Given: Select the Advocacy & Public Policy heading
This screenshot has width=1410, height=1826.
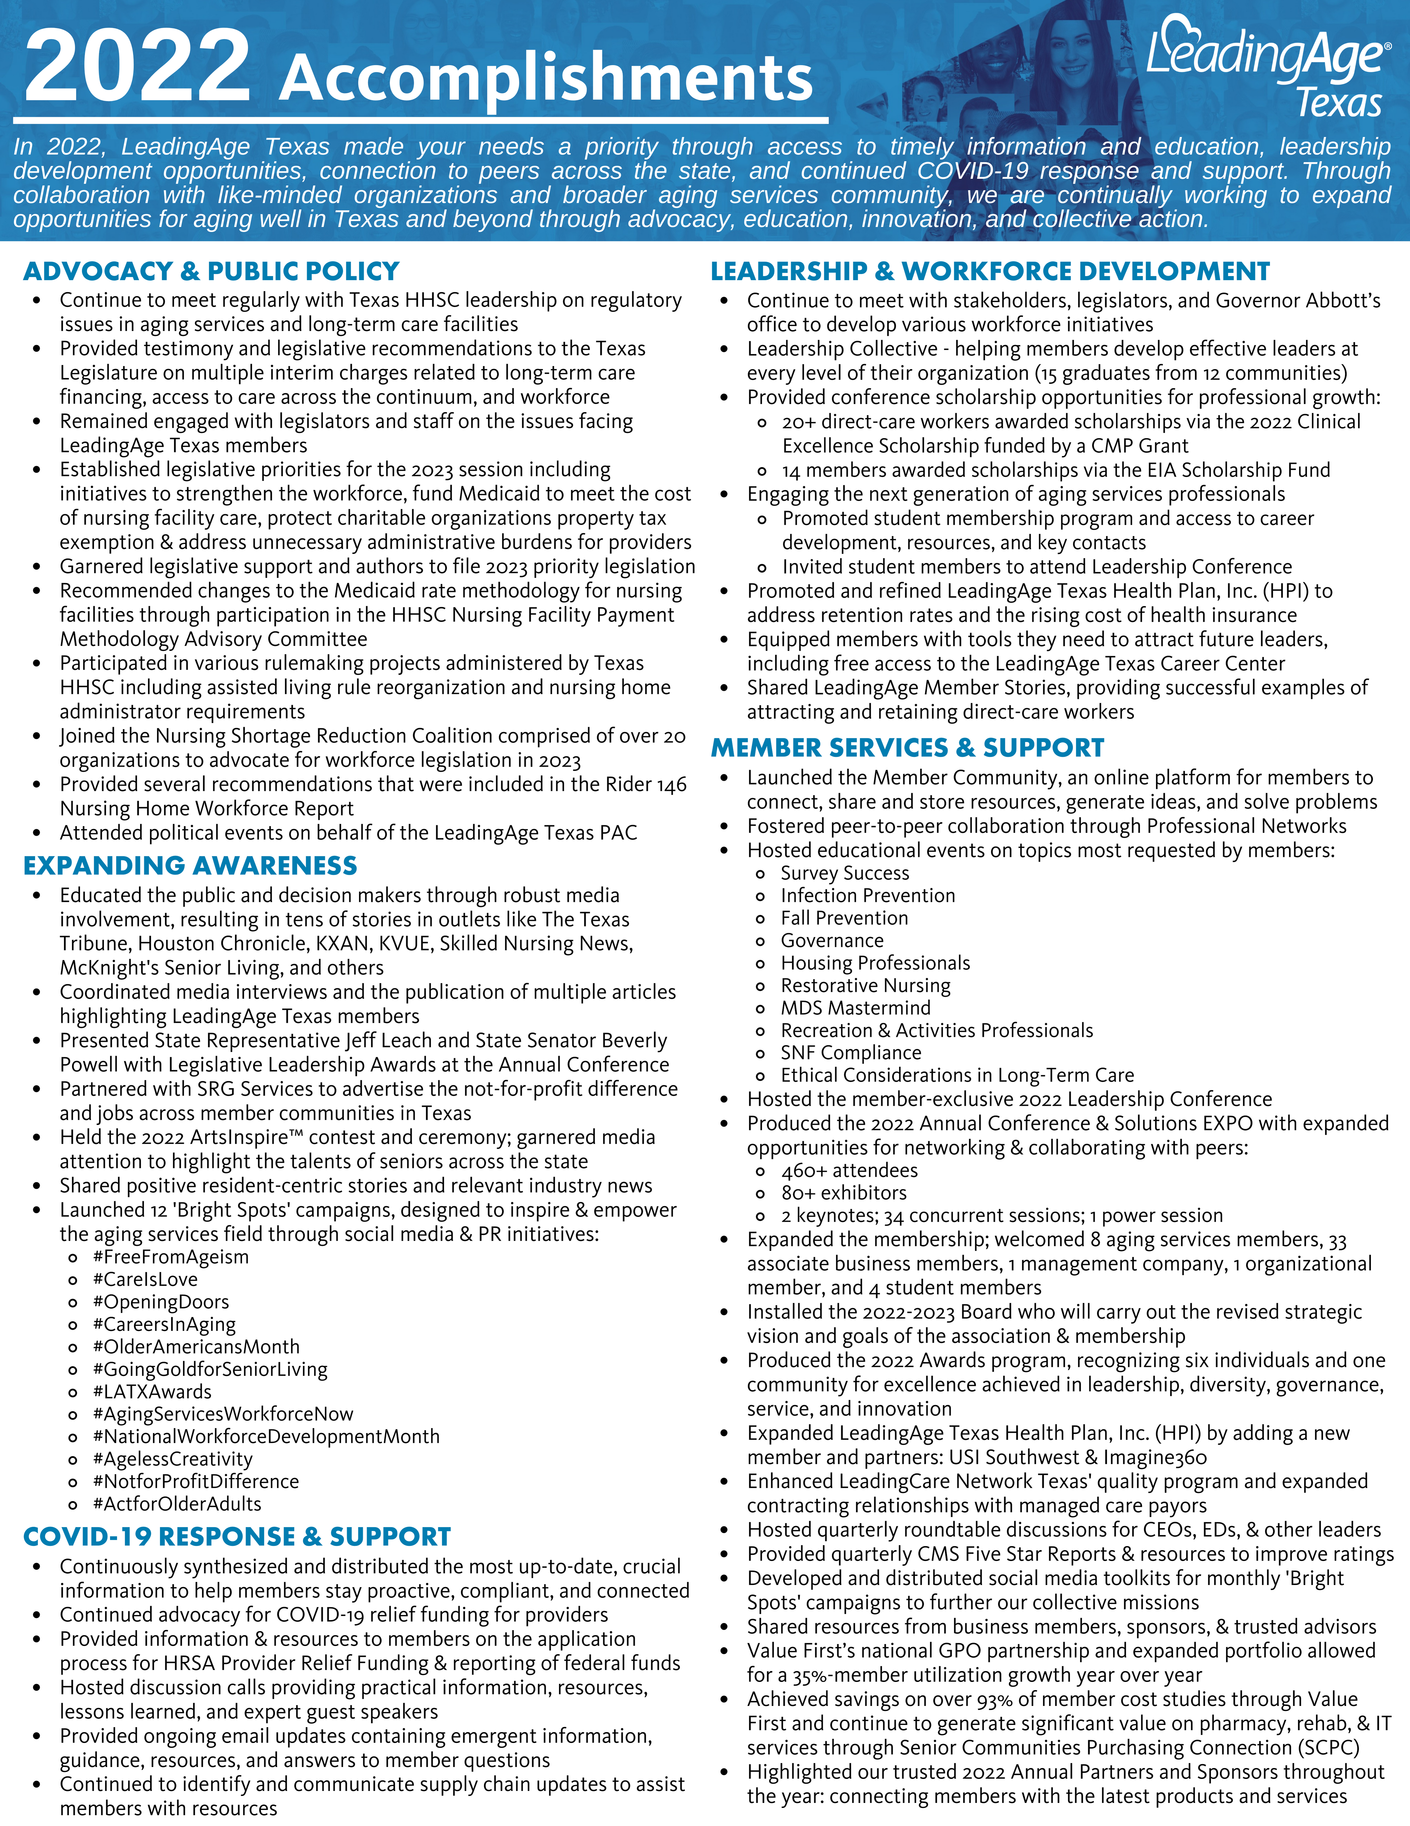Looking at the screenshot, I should (211, 271).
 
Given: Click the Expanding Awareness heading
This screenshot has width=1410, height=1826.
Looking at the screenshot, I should (191, 865).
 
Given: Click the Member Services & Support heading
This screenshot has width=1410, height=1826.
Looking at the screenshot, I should (907, 747).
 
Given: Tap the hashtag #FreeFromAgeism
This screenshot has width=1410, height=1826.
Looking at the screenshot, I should (171, 1257).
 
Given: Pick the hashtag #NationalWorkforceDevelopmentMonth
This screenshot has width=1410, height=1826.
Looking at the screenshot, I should (266, 1436).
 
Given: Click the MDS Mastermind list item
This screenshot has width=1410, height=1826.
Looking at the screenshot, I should (855, 1007).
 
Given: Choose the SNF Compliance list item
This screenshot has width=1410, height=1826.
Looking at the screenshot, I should (851, 1053).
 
